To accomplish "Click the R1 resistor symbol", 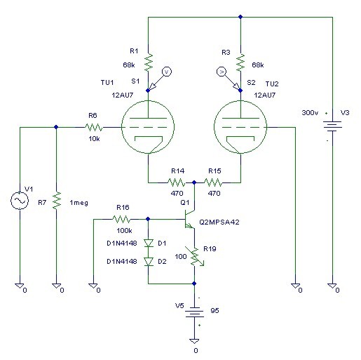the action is pyautogui.click(x=148, y=62).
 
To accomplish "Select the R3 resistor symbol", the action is pyautogui.click(x=240, y=62).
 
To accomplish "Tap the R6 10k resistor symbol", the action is pyautogui.click(x=94, y=128).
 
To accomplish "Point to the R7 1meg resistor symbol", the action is pyautogui.click(x=56, y=200).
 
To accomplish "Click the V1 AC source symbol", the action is pyautogui.click(x=20, y=201).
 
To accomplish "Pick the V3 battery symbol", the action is pyautogui.click(x=332, y=126).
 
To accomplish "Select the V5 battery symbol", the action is pyautogui.click(x=194, y=312).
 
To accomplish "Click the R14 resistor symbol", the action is pyautogui.click(x=177, y=182).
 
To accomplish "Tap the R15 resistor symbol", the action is pyautogui.click(x=213, y=182).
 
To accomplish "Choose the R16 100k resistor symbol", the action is pyautogui.click(x=121, y=219).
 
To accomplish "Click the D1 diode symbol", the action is pyautogui.click(x=149, y=244).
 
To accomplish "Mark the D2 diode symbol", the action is pyautogui.click(x=149, y=262).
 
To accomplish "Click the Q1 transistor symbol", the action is pyautogui.click(x=190, y=219).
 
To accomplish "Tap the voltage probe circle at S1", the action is pyautogui.click(x=167, y=72).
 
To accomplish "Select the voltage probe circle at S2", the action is pyautogui.click(x=222, y=72).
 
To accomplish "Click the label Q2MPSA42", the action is pyautogui.click(x=219, y=222).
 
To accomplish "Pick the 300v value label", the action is pyautogui.click(x=310, y=113).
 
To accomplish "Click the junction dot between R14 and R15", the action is pyautogui.click(x=194, y=182).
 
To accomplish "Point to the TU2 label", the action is pyautogui.click(x=272, y=84).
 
